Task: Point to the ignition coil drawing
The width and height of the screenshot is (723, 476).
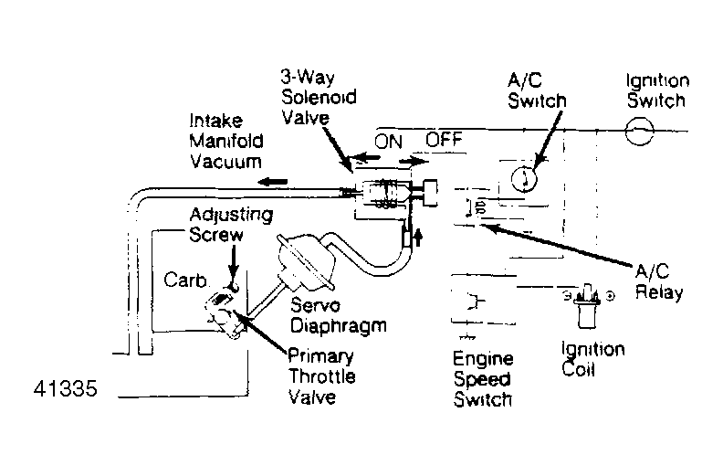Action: click(584, 311)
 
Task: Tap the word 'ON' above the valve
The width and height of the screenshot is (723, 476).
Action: click(389, 142)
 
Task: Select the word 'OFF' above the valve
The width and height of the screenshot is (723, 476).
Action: click(445, 142)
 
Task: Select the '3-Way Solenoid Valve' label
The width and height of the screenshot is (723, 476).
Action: click(319, 98)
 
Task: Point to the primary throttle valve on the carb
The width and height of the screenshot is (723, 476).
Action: click(223, 309)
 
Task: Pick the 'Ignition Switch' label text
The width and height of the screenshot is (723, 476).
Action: click(656, 90)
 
